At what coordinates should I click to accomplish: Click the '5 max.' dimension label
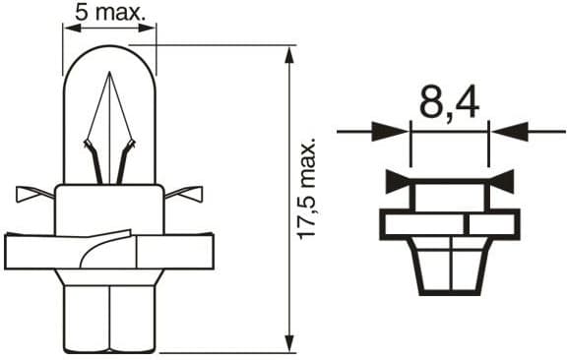click(x=109, y=13)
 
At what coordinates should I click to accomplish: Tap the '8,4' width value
click(x=449, y=102)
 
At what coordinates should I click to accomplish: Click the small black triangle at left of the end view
click(x=397, y=180)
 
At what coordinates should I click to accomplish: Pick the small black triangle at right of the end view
click(x=502, y=180)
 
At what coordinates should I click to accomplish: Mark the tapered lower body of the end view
click(x=449, y=266)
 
